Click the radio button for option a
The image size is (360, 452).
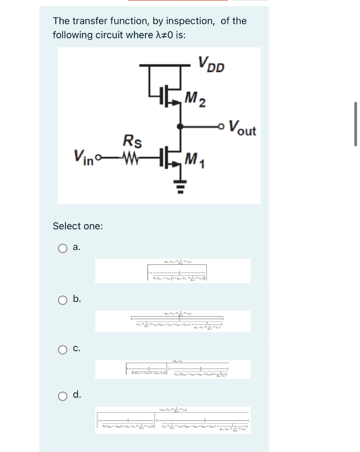click(63, 248)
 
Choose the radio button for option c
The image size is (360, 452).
click(63, 349)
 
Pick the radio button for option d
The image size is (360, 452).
click(63, 395)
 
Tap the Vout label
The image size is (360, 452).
click(242, 128)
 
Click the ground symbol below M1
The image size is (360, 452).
click(180, 183)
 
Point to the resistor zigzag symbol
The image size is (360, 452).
click(132, 156)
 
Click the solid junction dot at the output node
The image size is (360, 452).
click(180, 127)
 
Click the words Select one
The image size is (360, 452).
click(77, 226)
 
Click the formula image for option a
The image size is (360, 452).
click(172, 271)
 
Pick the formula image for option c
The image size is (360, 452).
click(172, 369)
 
